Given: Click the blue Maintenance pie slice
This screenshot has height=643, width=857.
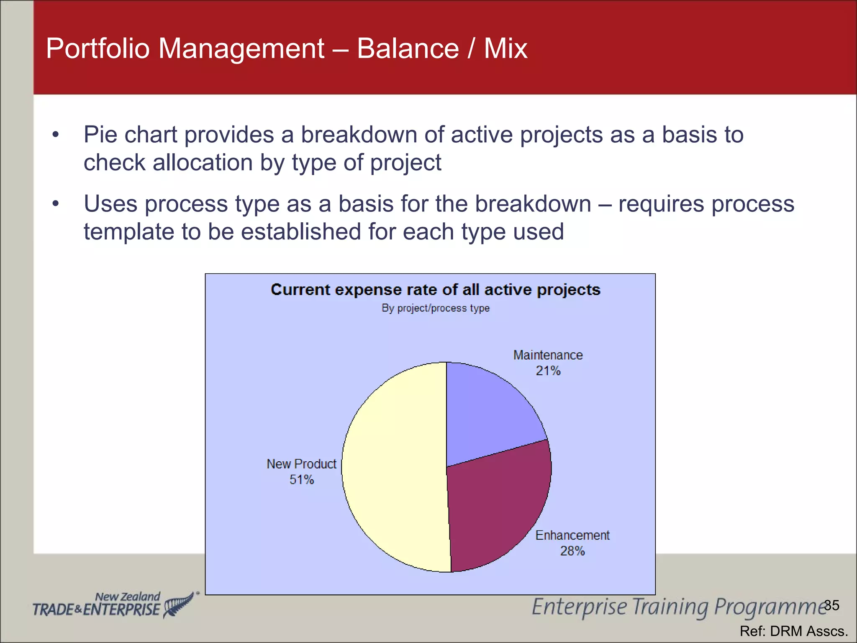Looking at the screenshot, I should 485,414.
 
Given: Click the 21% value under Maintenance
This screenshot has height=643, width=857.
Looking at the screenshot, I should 548,371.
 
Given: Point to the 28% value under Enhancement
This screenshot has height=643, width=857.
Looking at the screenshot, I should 572,551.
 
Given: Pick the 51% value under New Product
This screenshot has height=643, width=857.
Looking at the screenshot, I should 301,480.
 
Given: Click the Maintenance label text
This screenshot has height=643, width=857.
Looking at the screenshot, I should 548,355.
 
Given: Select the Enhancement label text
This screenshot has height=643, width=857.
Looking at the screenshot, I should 572,535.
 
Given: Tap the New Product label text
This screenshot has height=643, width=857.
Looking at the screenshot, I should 301,464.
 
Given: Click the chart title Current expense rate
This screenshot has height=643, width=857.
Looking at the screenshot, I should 435,290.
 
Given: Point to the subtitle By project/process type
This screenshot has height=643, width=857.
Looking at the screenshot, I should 435,308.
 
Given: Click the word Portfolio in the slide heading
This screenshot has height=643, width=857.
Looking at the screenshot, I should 98,49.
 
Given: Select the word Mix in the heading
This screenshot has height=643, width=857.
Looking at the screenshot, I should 505,49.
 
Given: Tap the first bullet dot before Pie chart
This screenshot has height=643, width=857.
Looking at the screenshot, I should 56,135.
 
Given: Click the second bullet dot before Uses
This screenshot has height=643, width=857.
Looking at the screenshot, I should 56,204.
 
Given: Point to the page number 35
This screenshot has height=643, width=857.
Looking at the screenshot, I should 832,605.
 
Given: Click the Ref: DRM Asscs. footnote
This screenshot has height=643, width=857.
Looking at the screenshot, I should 793,631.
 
